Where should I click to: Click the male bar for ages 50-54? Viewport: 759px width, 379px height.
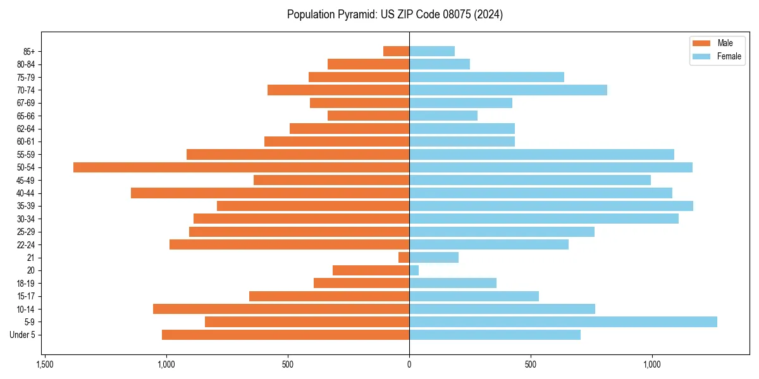click(241, 167)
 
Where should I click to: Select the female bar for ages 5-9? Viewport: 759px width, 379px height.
click(563, 322)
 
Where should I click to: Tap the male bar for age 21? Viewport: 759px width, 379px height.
click(404, 258)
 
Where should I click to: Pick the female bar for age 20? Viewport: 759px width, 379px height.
click(414, 270)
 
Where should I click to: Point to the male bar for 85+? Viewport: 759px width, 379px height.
click(397, 51)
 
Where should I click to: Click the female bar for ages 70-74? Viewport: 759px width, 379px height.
click(508, 90)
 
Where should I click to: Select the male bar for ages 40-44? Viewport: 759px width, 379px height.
click(270, 193)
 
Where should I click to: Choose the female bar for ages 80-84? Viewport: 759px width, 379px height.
click(440, 64)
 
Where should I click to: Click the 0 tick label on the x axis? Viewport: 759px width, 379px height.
click(409, 365)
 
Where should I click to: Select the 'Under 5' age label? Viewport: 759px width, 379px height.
click(22, 335)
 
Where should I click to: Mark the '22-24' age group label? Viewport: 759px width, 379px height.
click(26, 244)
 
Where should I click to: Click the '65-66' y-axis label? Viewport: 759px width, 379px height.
click(26, 116)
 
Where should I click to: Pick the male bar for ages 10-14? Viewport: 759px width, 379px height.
click(281, 309)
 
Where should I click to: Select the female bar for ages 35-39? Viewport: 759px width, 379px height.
click(551, 206)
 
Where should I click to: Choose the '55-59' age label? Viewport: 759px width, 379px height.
click(26, 154)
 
